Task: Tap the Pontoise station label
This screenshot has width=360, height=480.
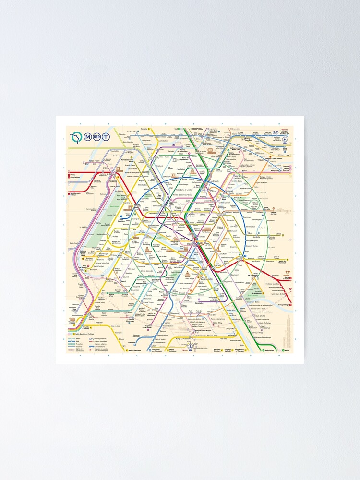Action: point(144,129)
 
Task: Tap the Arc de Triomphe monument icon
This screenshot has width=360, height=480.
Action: point(130,207)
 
